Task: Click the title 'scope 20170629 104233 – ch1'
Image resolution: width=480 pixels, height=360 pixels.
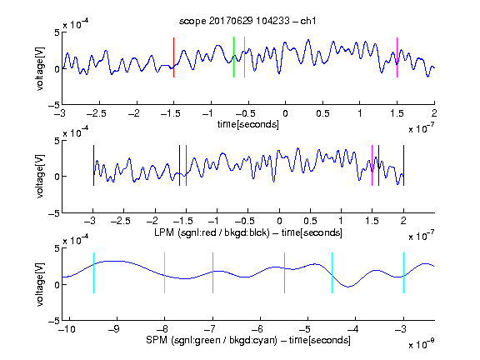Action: tap(247, 21)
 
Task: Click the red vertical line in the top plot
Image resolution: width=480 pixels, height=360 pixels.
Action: tap(173, 57)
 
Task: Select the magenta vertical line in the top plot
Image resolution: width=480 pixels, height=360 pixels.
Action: tap(397, 57)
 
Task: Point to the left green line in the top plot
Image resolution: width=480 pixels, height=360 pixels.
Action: tap(233, 57)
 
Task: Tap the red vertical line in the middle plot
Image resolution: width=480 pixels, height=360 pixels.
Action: tap(186, 165)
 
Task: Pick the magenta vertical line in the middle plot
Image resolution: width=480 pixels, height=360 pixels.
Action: tap(372, 165)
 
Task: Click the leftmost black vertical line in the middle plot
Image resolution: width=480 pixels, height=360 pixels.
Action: tap(93, 165)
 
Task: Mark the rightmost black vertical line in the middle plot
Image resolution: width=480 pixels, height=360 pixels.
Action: tap(404, 165)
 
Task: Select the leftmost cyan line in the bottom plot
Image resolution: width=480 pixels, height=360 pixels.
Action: tap(93, 273)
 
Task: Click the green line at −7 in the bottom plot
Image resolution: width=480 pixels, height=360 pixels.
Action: tap(212, 273)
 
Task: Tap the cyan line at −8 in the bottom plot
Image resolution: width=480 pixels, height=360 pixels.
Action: tap(165, 273)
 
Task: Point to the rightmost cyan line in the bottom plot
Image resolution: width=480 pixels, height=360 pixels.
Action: tap(404, 273)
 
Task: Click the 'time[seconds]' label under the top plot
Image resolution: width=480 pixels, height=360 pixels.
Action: tap(248, 124)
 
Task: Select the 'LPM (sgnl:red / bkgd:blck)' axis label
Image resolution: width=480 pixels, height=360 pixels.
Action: tap(212, 232)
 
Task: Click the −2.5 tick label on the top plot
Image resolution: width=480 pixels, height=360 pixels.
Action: tap(97, 113)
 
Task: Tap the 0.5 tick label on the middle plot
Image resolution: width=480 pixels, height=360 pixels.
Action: tap(310, 221)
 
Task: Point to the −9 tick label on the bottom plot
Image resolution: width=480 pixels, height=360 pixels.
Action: tap(114, 329)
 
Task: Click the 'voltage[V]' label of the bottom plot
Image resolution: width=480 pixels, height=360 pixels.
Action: tap(40, 285)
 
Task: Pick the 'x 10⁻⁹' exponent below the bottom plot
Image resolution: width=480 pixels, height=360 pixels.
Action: tap(421, 344)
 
